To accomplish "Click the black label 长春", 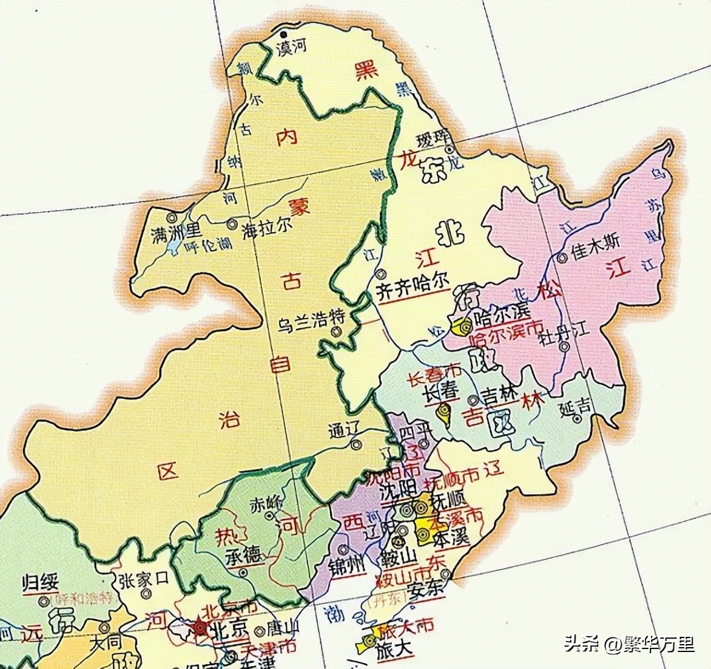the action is [440, 392].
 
